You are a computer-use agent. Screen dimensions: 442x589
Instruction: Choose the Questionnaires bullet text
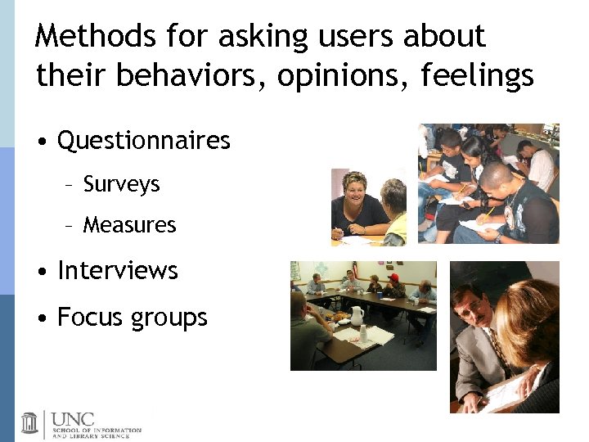pyautogui.click(x=144, y=141)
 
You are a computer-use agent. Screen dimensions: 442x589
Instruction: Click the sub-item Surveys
pyautogui.click(x=121, y=184)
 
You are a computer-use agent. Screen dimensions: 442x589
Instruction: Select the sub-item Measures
pyautogui.click(x=129, y=224)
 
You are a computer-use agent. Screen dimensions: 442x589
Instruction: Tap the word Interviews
pyautogui.click(x=118, y=270)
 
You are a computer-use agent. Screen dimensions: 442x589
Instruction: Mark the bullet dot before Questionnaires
pyautogui.click(x=41, y=142)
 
